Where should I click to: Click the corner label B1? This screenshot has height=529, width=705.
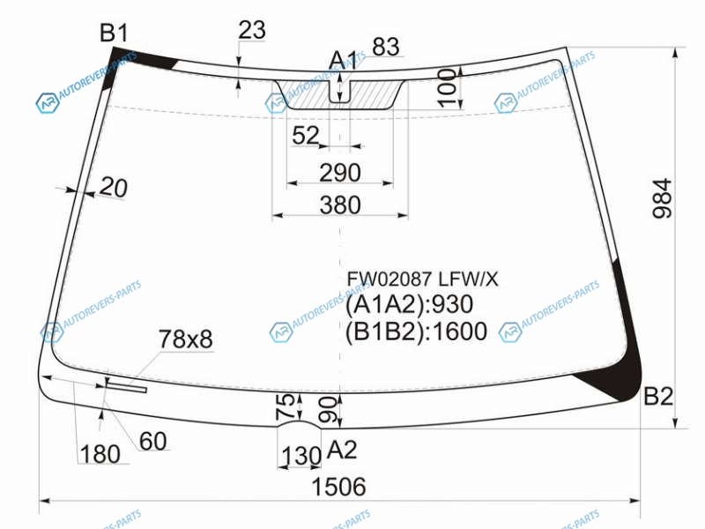tap(114, 33)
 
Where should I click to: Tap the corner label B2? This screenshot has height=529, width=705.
tap(658, 396)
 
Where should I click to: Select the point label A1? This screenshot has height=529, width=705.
tap(343, 60)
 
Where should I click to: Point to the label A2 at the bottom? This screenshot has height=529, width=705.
tap(342, 450)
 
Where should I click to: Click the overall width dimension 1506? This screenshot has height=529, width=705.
tap(338, 487)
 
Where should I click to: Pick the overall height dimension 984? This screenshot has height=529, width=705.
tap(662, 198)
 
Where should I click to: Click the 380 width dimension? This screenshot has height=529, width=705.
tap(340, 205)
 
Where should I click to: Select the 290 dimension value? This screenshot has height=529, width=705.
tap(340, 173)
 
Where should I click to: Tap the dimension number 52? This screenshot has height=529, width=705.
tap(305, 135)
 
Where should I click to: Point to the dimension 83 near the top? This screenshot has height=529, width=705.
tap(386, 47)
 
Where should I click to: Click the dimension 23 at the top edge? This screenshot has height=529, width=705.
tap(252, 31)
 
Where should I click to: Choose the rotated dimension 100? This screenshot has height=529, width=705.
tap(447, 87)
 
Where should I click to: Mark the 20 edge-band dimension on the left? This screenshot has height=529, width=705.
tap(114, 187)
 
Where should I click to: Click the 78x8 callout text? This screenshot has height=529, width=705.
tap(186, 339)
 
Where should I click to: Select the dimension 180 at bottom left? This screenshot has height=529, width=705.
tap(100, 454)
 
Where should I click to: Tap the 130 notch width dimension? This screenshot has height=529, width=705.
tap(301, 456)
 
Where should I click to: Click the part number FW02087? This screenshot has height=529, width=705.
tap(390, 279)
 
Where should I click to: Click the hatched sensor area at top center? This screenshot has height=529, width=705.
tap(340, 94)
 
